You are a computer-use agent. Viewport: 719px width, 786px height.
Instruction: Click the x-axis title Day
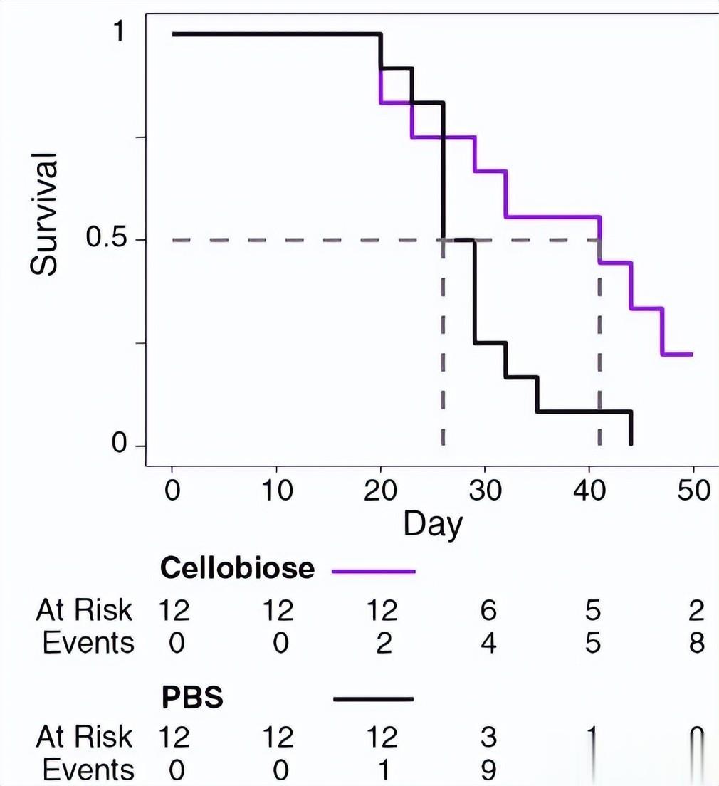coord(433,524)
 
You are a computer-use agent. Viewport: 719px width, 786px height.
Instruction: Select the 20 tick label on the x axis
coord(380,491)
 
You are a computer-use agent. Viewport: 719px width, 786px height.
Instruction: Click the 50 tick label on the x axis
coord(693,491)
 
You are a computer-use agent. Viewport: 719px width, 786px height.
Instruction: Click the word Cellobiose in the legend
coord(237,568)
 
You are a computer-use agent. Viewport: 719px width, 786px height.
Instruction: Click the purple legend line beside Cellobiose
coord(373,570)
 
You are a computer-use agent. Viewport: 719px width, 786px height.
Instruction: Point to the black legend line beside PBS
coord(373,699)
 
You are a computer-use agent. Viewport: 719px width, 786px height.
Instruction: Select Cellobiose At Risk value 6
coord(488,610)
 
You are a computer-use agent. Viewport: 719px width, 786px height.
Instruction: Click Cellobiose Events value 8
coord(696,643)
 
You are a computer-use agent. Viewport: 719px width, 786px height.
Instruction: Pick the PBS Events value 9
coord(488,770)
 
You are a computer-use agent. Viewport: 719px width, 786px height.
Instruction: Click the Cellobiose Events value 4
coord(488,643)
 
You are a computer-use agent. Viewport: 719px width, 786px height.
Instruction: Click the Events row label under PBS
coord(88,770)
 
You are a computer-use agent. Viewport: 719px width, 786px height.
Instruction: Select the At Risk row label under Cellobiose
coord(84,610)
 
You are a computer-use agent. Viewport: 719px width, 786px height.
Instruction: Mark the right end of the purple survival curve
coord(692,354)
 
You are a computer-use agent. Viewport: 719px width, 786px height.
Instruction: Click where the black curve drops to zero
coord(631,445)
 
